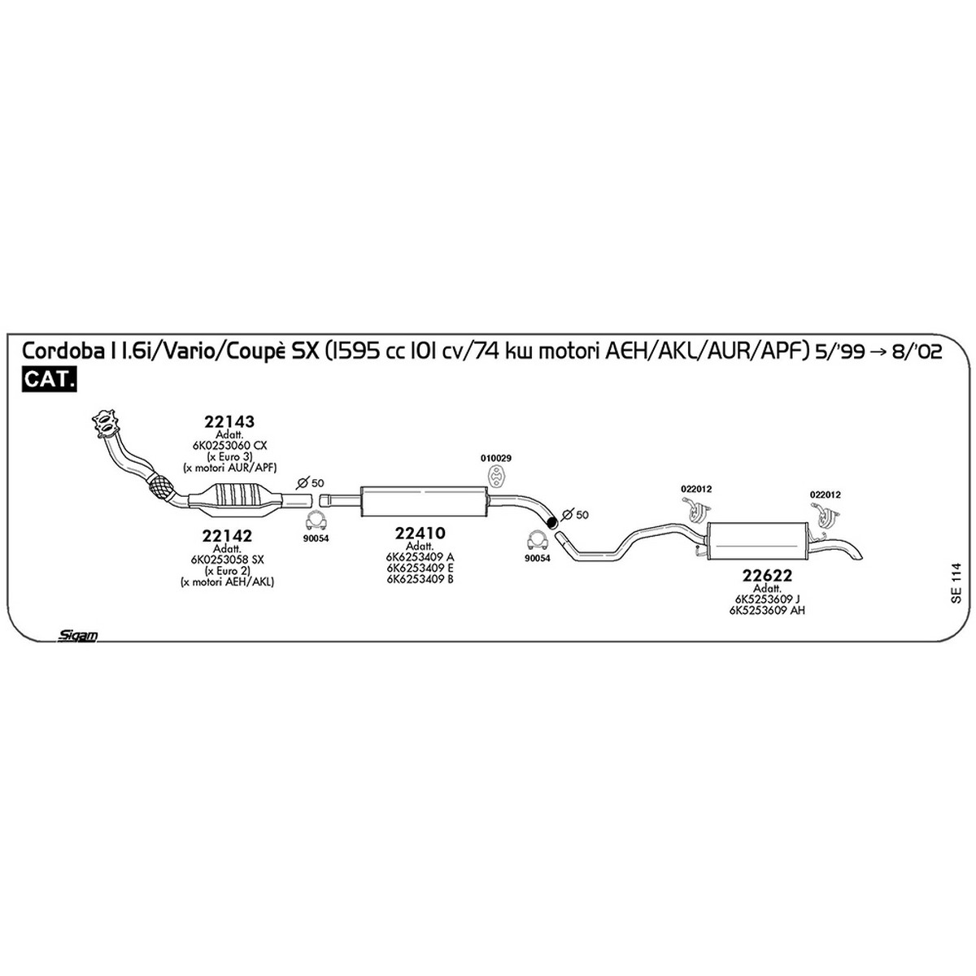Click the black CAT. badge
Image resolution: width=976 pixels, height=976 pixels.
point(49,379)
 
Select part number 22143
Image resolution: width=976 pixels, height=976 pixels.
point(229,421)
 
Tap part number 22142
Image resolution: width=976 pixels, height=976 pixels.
point(227,535)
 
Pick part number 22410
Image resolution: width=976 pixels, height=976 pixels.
point(420,533)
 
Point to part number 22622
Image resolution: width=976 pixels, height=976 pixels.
point(767,575)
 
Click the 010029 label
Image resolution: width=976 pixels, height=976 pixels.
point(496,459)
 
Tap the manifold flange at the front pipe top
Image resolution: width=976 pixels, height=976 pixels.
point(106,424)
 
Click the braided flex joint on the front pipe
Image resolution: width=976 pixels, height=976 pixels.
point(161,487)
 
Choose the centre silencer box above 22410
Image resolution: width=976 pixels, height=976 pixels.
point(424,502)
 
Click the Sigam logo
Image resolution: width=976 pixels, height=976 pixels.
point(77,636)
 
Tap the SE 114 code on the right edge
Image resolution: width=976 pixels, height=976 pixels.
point(956,583)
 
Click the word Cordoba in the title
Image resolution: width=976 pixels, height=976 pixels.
point(63,351)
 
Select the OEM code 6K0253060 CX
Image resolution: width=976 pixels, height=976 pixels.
point(229,446)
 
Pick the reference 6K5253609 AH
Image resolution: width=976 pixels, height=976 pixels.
point(767,610)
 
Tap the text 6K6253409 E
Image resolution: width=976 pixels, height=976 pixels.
point(420,568)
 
